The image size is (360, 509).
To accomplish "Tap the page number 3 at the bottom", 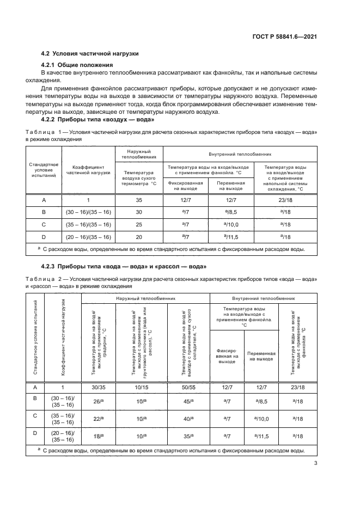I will pos(315,464).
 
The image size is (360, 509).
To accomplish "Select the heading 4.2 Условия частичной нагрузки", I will pos(90,53).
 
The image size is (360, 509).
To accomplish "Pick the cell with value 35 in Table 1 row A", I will pos(138,200).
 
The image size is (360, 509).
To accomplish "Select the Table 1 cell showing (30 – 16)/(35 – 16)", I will pos(88,212).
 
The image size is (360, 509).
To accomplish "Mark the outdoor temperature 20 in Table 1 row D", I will pos(138,237).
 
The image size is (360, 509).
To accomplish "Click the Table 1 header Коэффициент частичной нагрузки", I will pos(88,170).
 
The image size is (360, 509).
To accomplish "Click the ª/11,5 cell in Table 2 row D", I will pos(261,436).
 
